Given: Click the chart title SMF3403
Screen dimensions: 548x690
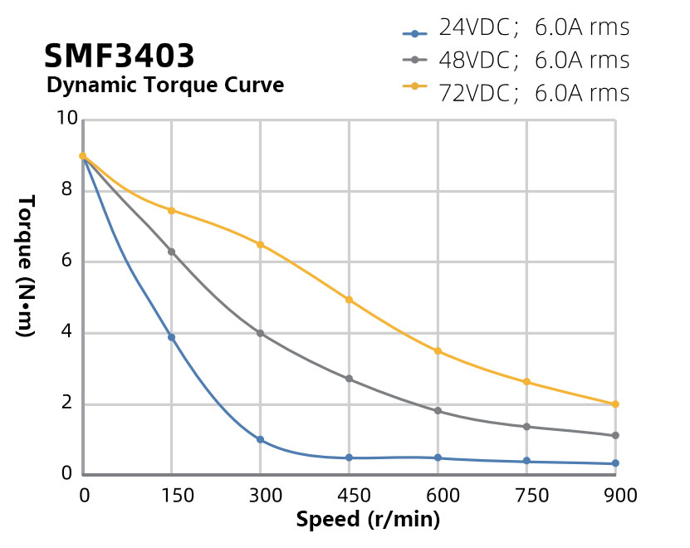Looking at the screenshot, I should pos(120,56).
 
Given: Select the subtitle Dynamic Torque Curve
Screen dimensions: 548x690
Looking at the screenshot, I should pos(164,86).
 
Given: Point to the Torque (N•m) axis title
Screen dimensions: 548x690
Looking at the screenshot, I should pos(25,265).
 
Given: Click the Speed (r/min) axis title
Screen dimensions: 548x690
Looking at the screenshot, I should pos(368,521).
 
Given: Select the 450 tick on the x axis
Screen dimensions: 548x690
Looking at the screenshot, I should pos(349,496).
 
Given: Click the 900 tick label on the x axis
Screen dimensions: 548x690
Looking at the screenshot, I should pos(615,496).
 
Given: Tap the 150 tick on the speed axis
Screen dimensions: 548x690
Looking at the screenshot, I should pos(172,496).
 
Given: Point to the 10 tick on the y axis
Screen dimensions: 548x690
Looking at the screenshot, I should pos(66,120).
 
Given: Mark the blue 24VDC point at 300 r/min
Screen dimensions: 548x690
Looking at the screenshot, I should pos(260,439).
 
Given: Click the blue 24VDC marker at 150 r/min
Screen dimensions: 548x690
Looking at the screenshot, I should pos(172,337).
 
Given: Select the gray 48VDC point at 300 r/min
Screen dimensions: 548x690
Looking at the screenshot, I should pos(260,333).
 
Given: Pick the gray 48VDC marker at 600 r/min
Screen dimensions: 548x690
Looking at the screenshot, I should pos(438,411).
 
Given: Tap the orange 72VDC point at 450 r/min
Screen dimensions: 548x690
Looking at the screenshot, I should pos(349,300).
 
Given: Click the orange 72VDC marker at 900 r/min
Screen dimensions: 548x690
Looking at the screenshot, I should pos(615,404).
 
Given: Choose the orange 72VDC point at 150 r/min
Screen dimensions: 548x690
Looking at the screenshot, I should pos(172,210).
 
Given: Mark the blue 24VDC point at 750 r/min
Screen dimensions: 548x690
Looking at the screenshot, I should pos(526,461).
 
